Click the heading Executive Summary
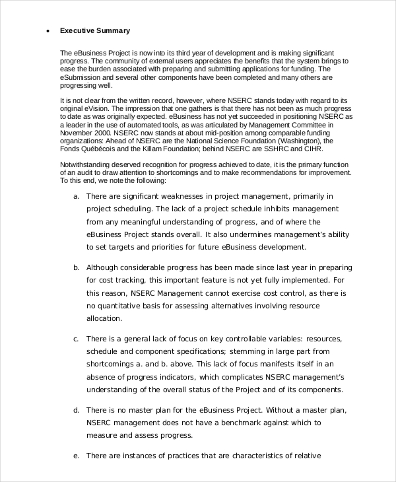click(95, 30)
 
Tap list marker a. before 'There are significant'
click(77, 196)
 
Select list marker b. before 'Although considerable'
click(77, 267)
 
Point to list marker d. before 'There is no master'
click(77, 410)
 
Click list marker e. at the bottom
click(77, 456)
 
